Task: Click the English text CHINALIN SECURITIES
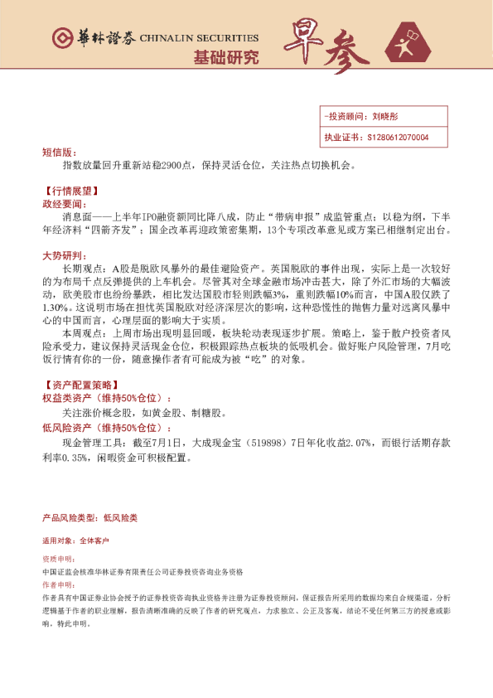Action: click(199, 38)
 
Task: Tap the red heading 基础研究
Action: click(225, 57)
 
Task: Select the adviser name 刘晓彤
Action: click(386, 118)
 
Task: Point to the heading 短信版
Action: click(58, 153)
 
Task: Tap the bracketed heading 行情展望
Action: click(73, 190)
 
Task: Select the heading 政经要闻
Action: click(62, 203)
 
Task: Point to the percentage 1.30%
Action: click(55, 308)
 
